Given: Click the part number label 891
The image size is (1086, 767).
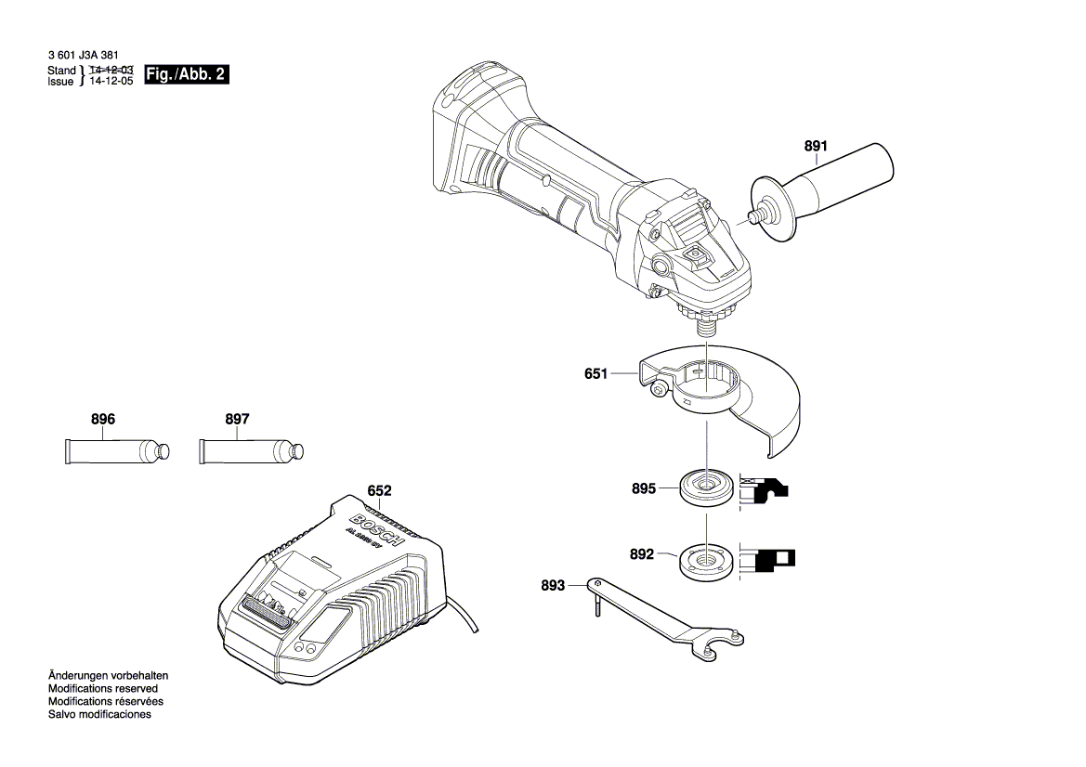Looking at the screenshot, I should click(815, 146).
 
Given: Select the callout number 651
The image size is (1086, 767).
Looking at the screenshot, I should click(595, 374).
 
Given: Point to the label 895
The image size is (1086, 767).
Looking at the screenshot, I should click(643, 487).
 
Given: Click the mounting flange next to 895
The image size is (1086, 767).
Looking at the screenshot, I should click(705, 487).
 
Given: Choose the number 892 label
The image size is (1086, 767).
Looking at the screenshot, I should click(642, 554).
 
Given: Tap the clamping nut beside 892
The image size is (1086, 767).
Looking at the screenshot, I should click(705, 562).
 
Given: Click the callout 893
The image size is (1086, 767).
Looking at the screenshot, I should click(552, 585).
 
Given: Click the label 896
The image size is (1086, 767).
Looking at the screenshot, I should click(103, 420).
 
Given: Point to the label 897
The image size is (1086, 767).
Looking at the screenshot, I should click(238, 420).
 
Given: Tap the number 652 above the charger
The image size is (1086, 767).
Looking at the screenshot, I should click(379, 490).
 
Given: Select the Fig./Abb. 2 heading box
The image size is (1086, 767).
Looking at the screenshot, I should click(187, 75).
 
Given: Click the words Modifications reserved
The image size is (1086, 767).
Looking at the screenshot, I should click(102, 689).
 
